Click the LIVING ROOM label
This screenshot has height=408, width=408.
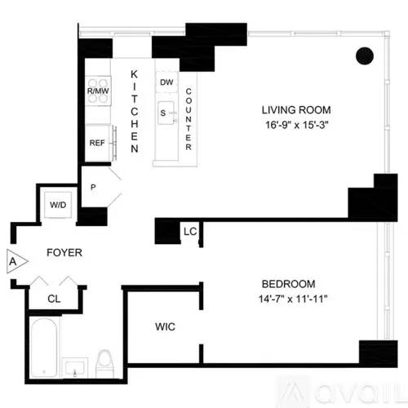296,110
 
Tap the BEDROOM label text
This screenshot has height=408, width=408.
289,284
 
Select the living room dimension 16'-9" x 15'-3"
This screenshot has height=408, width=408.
297,125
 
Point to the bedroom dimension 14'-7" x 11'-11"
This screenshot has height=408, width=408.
293,299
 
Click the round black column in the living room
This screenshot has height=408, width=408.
365,55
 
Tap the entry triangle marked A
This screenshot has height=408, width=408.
17,261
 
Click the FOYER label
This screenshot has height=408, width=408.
64,253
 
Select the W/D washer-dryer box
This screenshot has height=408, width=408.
58,205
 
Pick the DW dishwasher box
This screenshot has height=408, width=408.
166,82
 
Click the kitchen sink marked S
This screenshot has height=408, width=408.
166,113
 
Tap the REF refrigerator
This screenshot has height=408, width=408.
98,143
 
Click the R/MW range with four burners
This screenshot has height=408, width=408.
98,91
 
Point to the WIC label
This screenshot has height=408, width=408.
165,326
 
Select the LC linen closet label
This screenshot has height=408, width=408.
190,232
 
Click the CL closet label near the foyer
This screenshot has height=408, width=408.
54,299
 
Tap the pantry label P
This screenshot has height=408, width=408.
93,187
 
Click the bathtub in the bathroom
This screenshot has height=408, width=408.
44,348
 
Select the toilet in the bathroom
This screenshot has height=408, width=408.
105,363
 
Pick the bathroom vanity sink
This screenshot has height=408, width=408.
75,368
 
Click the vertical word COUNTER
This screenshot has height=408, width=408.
188,119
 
